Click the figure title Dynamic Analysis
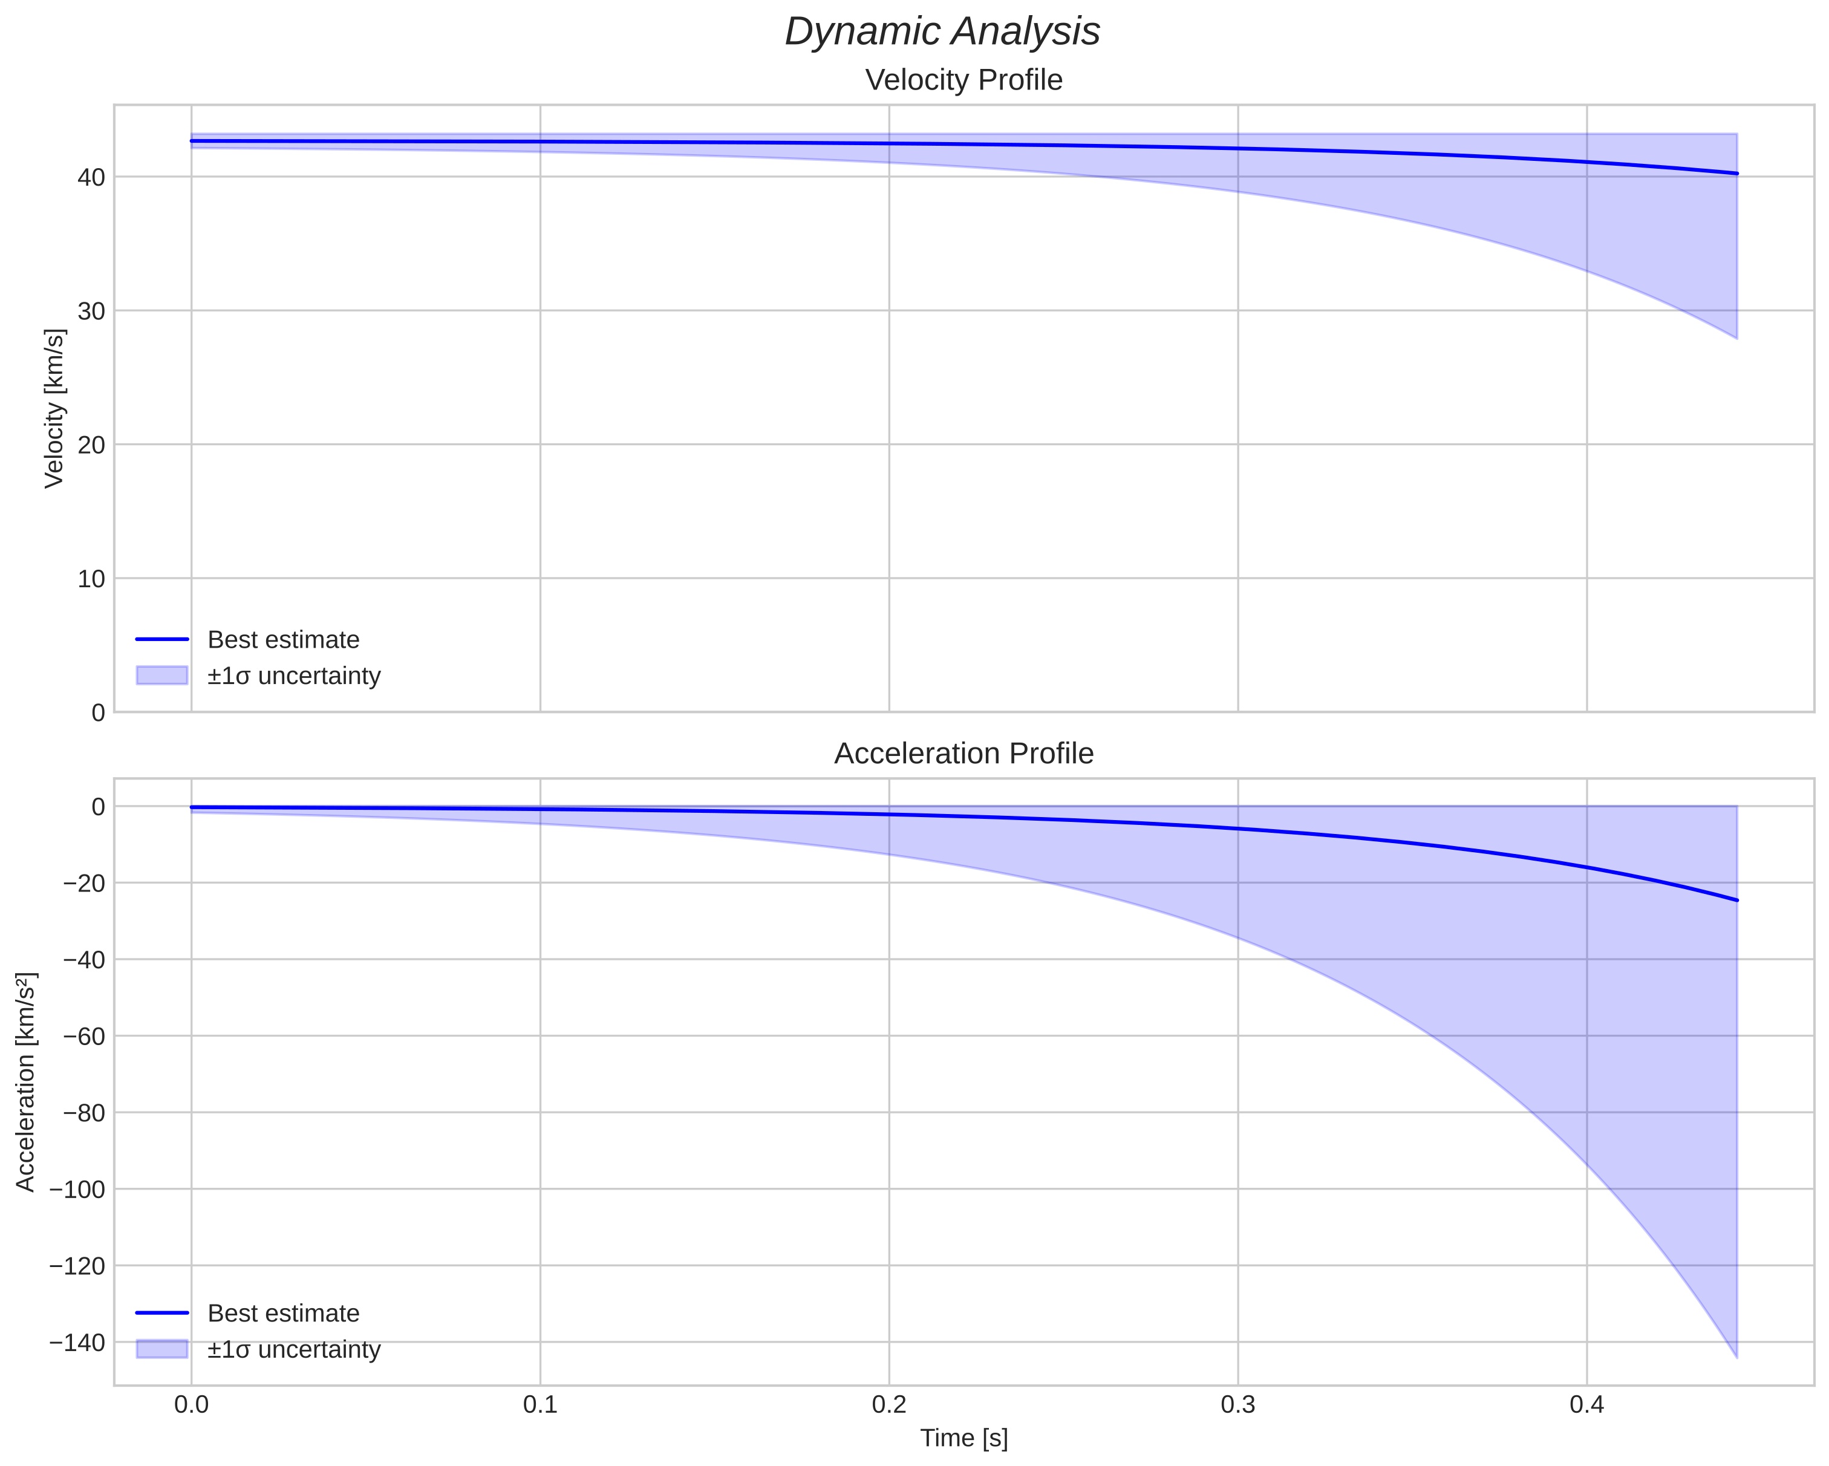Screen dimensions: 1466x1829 click(x=942, y=32)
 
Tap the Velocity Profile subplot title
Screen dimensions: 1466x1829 click(x=963, y=80)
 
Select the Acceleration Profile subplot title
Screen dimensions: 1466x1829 click(x=963, y=754)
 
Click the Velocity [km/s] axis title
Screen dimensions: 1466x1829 click(x=54, y=408)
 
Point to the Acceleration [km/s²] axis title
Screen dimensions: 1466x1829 click(x=26, y=1083)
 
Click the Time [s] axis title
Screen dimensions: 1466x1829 click(x=963, y=1438)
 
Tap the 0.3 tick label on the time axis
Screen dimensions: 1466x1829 click(x=1237, y=1405)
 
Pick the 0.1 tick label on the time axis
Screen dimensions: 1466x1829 click(x=540, y=1405)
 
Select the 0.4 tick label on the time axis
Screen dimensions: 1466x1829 click(x=1586, y=1405)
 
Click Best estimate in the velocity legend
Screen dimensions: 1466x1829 click(x=283, y=640)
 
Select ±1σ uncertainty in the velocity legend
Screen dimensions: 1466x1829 click(x=293, y=676)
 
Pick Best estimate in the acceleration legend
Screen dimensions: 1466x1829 click(x=283, y=1314)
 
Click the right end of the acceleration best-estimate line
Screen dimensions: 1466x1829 click(x=1736, y=900)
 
